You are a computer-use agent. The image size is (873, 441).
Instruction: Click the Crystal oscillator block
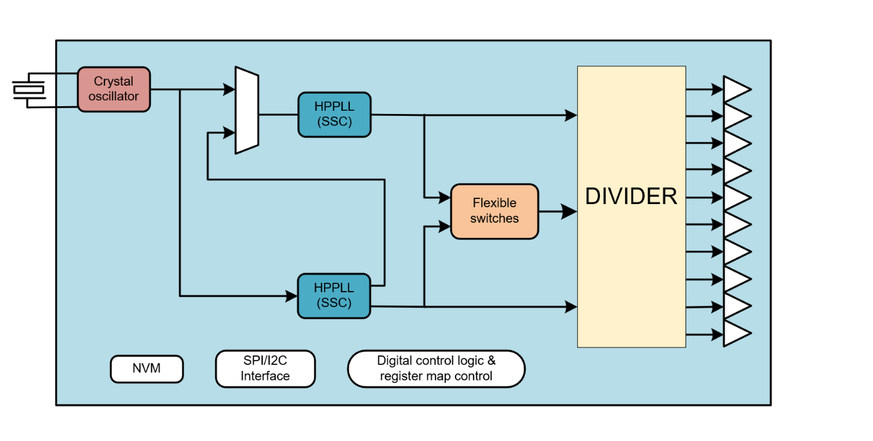tap(113, 89)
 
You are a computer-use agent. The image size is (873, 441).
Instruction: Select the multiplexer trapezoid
tap(247, 111)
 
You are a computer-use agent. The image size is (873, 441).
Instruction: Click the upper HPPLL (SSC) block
tap(334, 115)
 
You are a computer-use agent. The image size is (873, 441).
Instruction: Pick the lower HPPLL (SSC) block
tap(334, 296)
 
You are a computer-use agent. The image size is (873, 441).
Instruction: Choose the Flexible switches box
tap(494, 211)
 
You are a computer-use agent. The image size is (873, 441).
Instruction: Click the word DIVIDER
tap(631, 196)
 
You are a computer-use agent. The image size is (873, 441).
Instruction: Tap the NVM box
tap(147, 369)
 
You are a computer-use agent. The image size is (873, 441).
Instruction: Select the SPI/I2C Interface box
tap(265, 369)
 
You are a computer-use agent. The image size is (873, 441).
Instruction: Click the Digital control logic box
tap(436, 369)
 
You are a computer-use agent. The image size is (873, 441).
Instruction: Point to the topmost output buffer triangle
tap(736, 89)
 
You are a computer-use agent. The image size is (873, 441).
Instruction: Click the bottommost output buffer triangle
tap(736, 334)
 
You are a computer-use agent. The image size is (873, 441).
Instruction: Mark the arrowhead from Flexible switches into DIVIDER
tap(570, 211)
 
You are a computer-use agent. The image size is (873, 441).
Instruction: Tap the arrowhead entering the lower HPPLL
tap(291, 296)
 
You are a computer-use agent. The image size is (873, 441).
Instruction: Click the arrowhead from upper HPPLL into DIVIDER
tap(571, 115)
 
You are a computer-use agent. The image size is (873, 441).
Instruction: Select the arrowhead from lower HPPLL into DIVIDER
tap(571, 307)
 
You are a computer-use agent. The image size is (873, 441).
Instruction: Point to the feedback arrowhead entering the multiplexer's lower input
tap(229, 133)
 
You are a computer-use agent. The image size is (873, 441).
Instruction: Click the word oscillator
tap(113, 97)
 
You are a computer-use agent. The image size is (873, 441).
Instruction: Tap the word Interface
tap(265, 376)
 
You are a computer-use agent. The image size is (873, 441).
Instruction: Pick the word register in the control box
tap(399, 376)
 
